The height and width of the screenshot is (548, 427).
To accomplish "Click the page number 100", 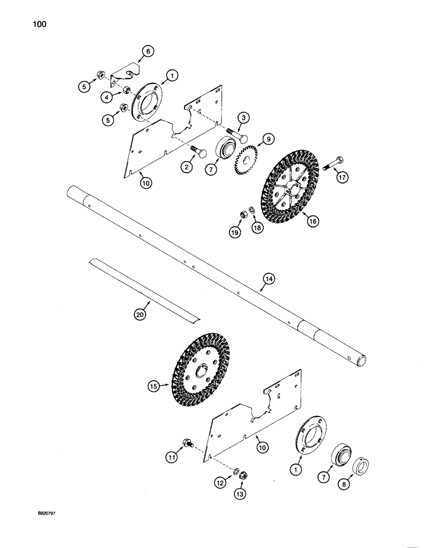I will click(41, 24).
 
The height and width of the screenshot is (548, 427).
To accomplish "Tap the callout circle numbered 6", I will click(147, 52).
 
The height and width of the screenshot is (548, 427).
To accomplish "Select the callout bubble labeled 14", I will click(269, 279).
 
